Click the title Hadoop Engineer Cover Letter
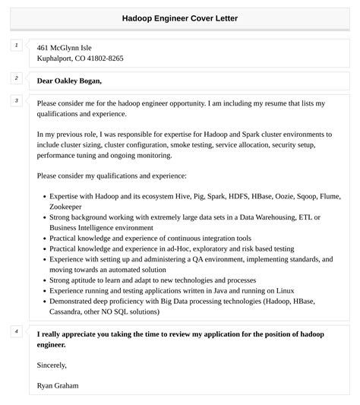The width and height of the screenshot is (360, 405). click(179, 17)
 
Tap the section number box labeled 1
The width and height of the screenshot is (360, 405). click(16, 46)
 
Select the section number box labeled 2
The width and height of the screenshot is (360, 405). click(16, 78)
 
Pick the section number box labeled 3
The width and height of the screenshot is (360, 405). click(16, 100)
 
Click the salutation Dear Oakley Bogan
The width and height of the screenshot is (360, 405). click(69, 81)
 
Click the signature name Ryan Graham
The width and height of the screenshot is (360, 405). click(58, 385)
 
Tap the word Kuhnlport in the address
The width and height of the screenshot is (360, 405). click(55, 59)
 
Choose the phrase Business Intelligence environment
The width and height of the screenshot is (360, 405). click(102, 227)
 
